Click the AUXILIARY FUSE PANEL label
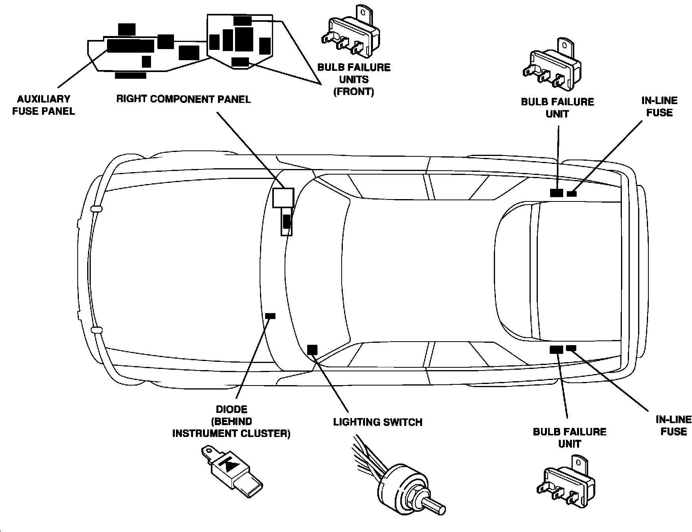(x=44, y=105)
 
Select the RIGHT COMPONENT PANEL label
(x=183, y=99)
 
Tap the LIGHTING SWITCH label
(x=377, y=422)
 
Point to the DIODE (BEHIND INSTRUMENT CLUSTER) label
(x=231, y=421)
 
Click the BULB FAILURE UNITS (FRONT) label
(x=354, y=80)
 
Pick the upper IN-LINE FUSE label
(x=660, y=107)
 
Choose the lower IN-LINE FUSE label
(x=673, y=426)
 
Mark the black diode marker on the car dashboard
(x=270, y=316)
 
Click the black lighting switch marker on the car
(x=312, y=350)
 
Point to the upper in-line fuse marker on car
(x=572, y=194)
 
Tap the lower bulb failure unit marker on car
(x=556, y=350)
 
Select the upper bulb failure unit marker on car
(x=556, y=193)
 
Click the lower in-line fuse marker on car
(x=571, y=348)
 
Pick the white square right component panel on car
(x=283, y=198)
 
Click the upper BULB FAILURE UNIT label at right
(x=557, y=108)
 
